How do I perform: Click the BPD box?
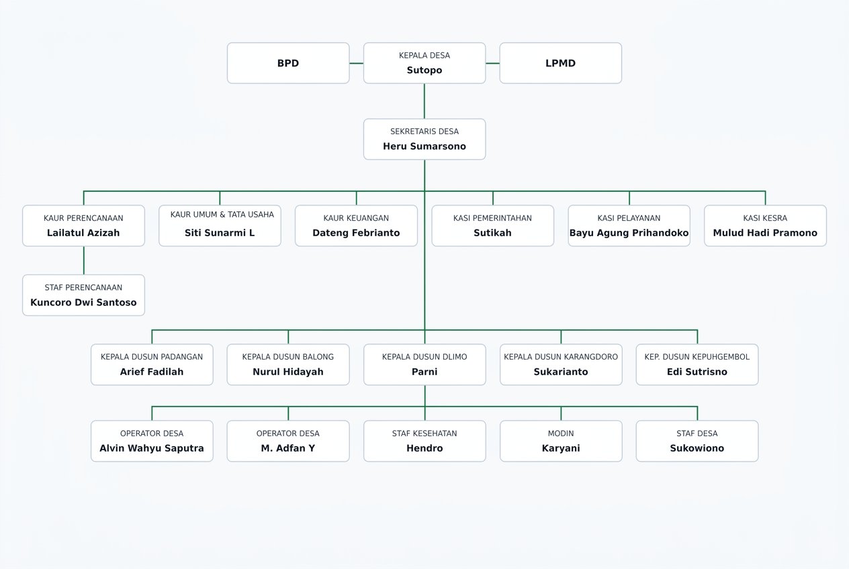(x=288, y=63)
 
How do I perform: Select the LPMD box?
(x=561, y=63)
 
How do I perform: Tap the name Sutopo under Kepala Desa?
(x=424, y=70)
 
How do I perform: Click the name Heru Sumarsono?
(x=424, y=146)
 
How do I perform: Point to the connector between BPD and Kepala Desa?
(x=356, y=63)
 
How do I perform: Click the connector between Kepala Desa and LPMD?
(x=493, y=63)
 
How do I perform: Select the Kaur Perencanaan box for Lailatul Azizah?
(x=83, y=225)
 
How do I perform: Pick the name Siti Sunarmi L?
(x=220, y=233)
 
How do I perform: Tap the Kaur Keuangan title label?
(x=356, y=218)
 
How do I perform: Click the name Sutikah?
(x=492, y=233)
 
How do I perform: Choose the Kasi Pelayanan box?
(x=629, y=225)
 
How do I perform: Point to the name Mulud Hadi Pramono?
(x=765, y=233)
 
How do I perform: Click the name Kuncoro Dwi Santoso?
(x=83, y=303)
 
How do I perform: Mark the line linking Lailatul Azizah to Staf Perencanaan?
(x=84, y=260)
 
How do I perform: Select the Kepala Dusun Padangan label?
(x=152, y=356)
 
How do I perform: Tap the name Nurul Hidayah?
(x=288, y=372)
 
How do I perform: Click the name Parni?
(x=424, y=372)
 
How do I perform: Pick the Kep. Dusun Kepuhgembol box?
(x=697, y=364)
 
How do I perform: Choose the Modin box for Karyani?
(x=561, y=441)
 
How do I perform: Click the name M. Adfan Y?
(x=288, y=448)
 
